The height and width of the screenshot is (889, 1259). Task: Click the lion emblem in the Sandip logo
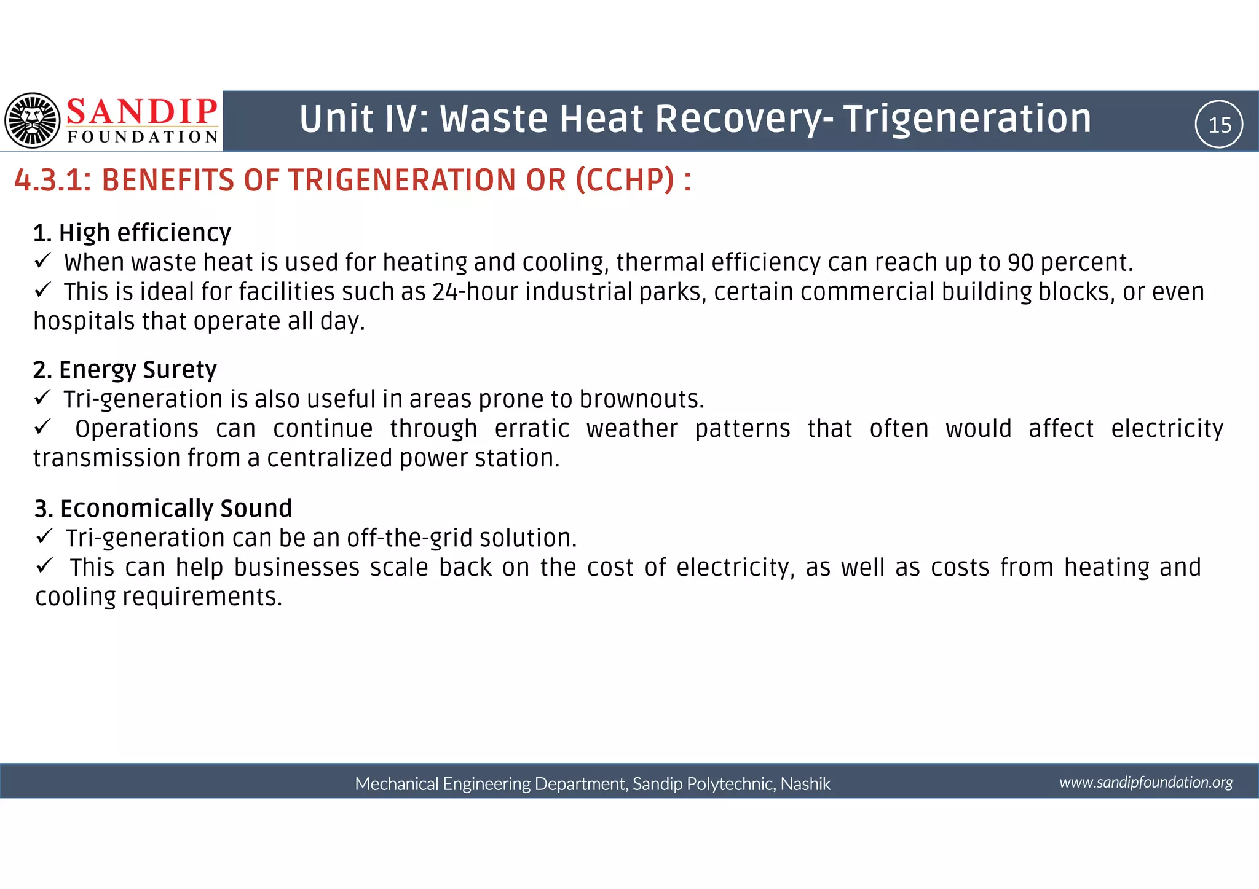point(33,120)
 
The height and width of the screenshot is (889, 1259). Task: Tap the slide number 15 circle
point(1219,125)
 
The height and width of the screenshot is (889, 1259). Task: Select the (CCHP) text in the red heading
point(625,181)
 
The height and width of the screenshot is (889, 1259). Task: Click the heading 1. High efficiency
point(132,233)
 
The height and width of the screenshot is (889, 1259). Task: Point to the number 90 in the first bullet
point(1021,263)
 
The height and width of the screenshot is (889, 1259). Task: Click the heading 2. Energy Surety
point(125,370)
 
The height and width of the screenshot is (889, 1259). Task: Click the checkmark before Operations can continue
point(42,426)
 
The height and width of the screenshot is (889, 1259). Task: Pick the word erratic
point(532,429)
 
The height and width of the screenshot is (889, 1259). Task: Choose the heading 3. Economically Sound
point(163,509)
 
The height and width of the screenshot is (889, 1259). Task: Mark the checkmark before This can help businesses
point(44,565)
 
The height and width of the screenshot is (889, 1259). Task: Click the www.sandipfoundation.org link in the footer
point(1146,782)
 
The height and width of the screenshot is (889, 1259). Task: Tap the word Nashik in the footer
point(805,784)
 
